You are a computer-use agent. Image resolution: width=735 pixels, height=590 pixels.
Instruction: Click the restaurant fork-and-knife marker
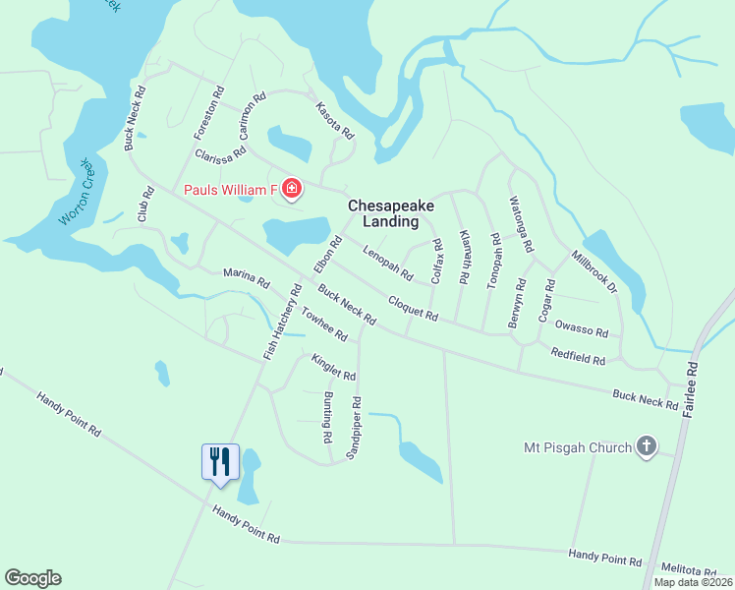coord(219,461)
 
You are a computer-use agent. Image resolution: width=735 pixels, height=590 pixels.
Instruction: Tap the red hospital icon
coord(291,188)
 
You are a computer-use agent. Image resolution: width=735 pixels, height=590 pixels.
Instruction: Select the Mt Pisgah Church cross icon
coord(646,447)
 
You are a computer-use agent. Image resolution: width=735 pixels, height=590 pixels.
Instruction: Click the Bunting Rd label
coord(327,415)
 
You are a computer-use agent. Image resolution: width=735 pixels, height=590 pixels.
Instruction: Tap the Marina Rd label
coord(246,278)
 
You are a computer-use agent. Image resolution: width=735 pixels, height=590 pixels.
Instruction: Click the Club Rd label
coord(146,204)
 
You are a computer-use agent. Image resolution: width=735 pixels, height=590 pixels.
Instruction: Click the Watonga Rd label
coord(520,224)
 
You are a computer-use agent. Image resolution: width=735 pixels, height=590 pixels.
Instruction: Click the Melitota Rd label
coord(689,571)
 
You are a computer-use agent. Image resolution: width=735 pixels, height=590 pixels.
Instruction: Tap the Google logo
coord(32,578)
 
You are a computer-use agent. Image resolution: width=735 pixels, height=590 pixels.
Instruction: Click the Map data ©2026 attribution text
coord(693,582)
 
